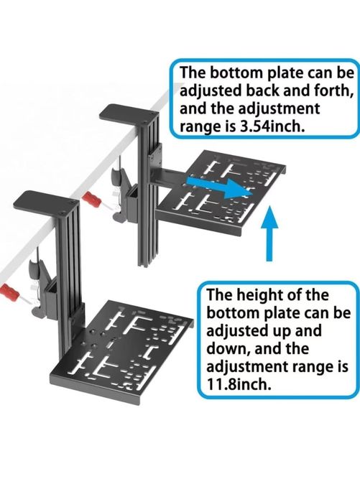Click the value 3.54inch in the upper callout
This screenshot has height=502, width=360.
point(272,127)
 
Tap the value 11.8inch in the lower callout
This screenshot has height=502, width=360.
point(239,384)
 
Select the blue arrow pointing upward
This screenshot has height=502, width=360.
point(269,233)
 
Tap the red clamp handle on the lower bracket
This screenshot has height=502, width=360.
point(9,292)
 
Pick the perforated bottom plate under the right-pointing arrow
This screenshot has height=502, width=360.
point(221,193)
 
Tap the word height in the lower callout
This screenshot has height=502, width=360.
point(261,295)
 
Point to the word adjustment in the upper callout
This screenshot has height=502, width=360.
point(279,109)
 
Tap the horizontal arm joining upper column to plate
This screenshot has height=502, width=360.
point(171,176)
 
